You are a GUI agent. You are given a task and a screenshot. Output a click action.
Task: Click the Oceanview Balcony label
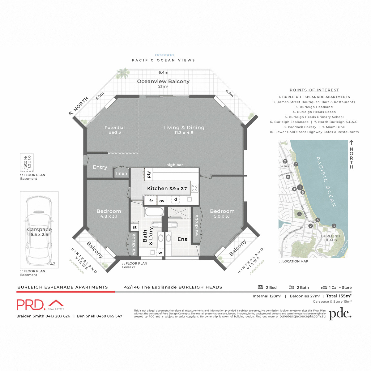point(163,81)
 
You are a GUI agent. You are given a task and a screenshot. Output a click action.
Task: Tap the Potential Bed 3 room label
point(114,130)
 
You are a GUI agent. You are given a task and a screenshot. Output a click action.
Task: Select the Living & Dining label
point(184,128)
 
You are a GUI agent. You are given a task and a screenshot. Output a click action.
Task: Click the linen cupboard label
point(122,173)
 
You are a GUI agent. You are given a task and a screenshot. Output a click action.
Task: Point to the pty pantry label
point(149,175)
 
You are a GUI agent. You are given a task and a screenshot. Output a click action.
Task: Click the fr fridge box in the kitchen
point(151,201)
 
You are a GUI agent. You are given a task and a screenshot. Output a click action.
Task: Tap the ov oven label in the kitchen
point(162,201)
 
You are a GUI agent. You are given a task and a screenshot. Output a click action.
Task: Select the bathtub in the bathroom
point(154,212)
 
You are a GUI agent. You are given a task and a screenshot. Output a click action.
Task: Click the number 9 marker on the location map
point(285,161)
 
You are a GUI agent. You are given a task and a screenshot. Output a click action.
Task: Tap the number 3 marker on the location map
point(334,226)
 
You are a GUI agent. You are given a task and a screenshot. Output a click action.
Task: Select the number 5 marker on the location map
point(299,214)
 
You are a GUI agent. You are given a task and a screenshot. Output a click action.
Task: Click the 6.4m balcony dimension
point(163,72)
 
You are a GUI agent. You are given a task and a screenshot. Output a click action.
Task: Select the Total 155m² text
point(339,296)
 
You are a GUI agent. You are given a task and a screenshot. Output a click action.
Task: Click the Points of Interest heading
point(314,90)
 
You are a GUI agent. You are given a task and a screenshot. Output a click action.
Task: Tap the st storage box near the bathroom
point(134,227)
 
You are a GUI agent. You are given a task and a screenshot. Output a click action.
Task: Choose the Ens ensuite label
point(182,239)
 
